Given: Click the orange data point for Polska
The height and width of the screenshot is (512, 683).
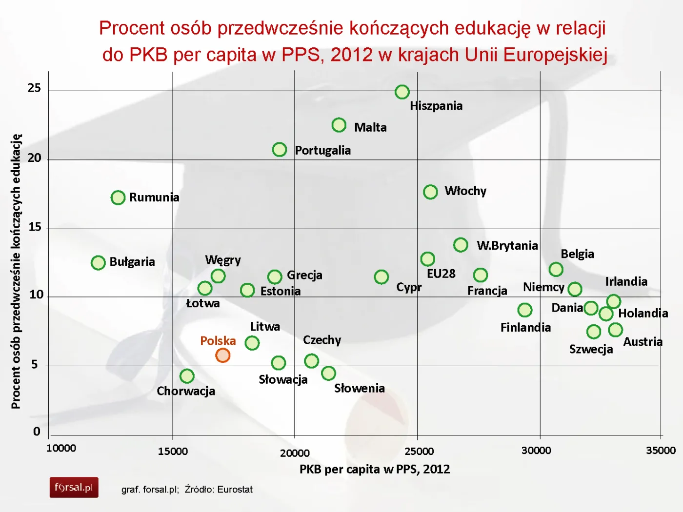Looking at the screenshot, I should [222, 355].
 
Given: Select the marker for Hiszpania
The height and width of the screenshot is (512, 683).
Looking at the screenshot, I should [402, 92].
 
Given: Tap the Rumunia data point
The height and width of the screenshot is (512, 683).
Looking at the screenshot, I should [118, 197].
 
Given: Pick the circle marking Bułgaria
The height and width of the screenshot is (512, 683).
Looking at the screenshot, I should [98, 262].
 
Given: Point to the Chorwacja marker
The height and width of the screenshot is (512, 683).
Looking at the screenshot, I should [187, 376].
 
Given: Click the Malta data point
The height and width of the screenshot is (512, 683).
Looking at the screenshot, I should [339, 125].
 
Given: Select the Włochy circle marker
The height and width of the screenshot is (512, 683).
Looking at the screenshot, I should [430, 192].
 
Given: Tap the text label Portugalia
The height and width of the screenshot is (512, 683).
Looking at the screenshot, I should [322, 150].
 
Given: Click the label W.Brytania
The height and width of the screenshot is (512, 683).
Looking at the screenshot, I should [507, 245].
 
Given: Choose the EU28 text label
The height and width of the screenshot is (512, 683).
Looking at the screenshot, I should [441, 274].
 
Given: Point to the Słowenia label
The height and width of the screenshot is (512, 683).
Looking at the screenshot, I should [360, 388].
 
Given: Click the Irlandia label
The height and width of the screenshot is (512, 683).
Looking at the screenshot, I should [626, 281].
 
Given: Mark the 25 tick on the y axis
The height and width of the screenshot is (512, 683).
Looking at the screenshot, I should [34, 88].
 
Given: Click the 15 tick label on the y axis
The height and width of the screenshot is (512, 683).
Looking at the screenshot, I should [35, 227].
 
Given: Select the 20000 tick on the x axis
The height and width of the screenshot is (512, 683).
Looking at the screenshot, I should [295, 453].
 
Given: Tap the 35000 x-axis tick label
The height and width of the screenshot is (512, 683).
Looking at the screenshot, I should [661, 451].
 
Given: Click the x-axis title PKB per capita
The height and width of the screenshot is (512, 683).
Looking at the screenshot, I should [374, 469].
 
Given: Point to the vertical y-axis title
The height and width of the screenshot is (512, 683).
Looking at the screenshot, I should [16, 271].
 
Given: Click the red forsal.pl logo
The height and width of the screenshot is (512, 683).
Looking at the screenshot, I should [74, 487].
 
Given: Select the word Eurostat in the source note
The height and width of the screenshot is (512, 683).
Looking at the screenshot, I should [235, 490].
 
